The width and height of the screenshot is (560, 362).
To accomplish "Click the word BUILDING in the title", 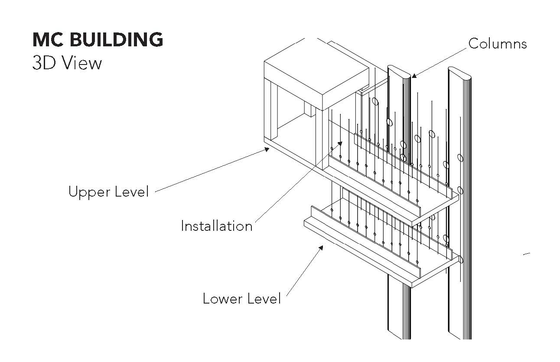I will [x=116, y=40].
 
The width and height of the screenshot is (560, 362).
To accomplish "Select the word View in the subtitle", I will [x=81, y=63].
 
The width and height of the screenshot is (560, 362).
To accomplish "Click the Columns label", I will [x=498, y=44].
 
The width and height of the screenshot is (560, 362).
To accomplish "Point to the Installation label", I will [x=216, y=226].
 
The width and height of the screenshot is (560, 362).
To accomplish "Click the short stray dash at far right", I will [x=527, y=254].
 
